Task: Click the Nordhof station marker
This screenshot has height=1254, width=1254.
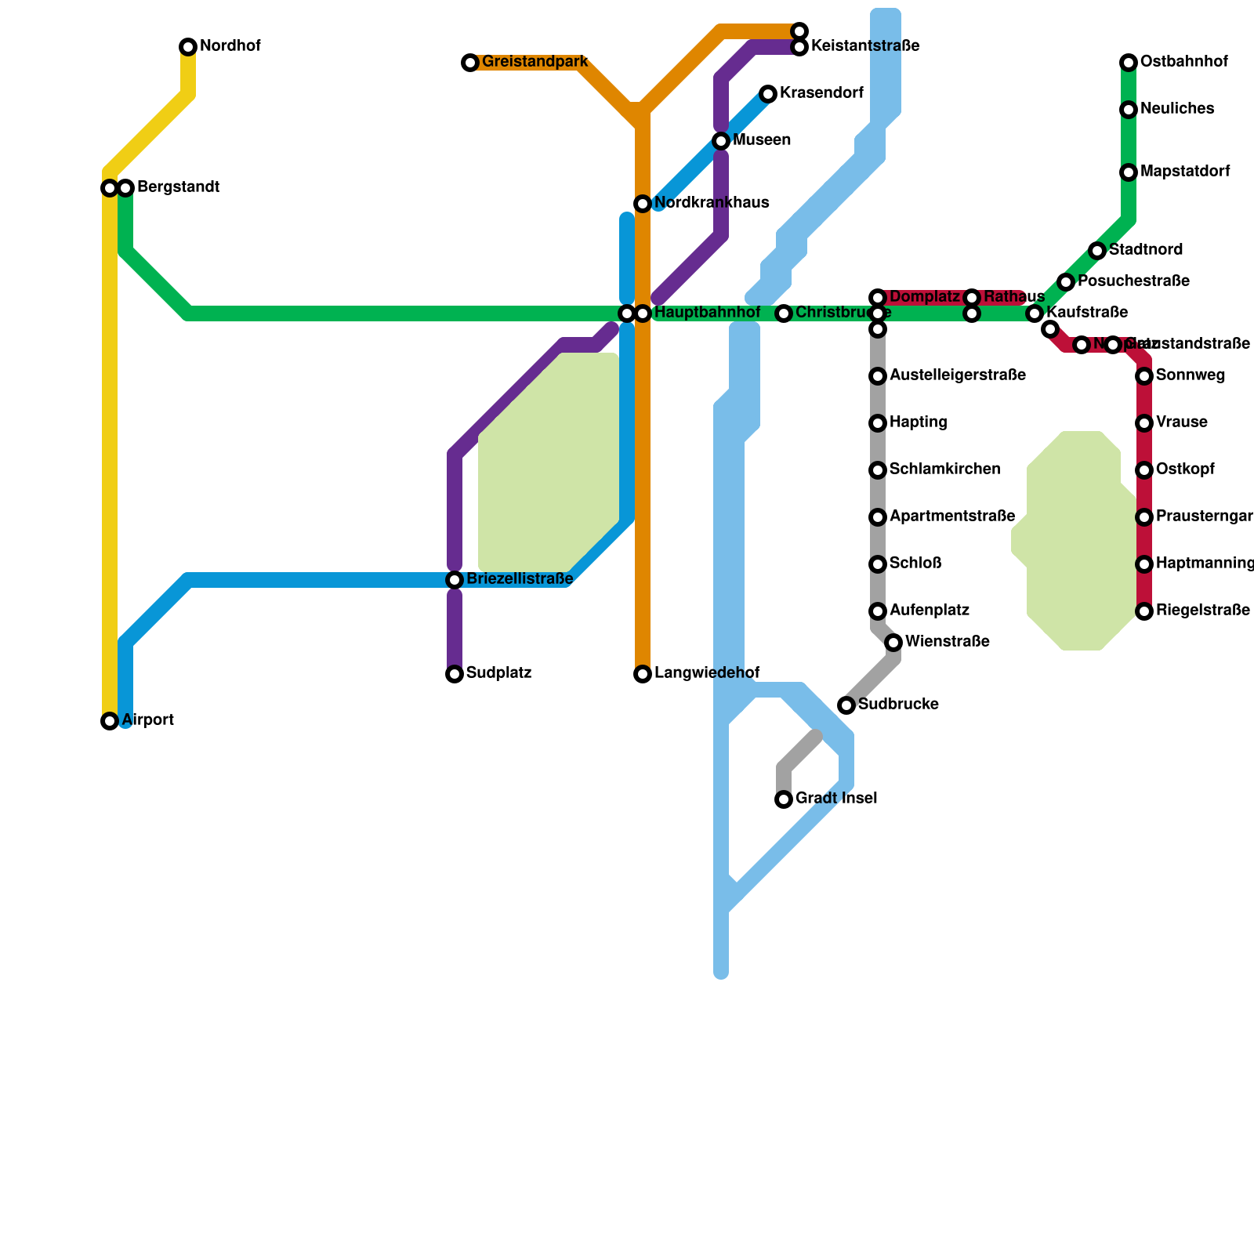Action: tap(188, 47)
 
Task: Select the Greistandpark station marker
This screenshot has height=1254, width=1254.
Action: tap(470, 63)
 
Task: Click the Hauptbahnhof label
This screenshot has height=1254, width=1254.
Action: tap(707, 313)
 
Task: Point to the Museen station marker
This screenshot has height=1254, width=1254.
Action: tap(721, 141)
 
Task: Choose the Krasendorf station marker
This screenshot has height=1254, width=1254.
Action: tap(768, 94)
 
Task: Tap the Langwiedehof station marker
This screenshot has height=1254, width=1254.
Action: tap(643, 674)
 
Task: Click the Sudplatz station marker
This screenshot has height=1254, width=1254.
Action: tap(455, 674)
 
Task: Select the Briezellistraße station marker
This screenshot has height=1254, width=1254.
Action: tap(455, 580)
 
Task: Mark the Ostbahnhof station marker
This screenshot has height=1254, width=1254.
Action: tap(1129, 63)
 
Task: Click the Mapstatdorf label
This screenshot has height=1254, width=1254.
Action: tap(1185, 172)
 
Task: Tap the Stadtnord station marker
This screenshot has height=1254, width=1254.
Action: tap(1097, 251)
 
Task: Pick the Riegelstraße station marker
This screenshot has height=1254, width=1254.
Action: tap(1144, 611)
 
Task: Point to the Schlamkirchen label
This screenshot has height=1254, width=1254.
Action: tap(944, 469)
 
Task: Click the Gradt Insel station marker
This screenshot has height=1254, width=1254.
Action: tap(784, 799)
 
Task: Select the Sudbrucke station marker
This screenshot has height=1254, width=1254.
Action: tap(846, 705)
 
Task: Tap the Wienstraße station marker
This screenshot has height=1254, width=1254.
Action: tap(893, 643)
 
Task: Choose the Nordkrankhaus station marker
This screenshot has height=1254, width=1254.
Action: tap(643, 204)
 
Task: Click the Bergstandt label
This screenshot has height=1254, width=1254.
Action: tap(178, 187)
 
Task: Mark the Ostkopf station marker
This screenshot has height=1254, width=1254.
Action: tap(1144, 470)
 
